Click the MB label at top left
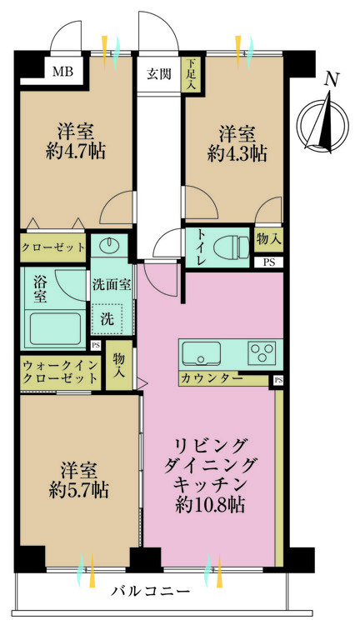pyautogui.click(x=62, y=72)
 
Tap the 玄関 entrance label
pyautogui.click(x=159, y=73)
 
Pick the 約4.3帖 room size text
pyautogui.click(x=237, y=153)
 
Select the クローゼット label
pyautogui.click(x=53, y=247)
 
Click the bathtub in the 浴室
pyautogui.click(x=54, y=327)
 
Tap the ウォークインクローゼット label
pyautogui.click(x=60, y=372)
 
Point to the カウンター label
pyautogui.click(x=212, y=378)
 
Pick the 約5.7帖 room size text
pyautogui.click(x=77, y=489)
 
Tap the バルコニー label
pyautogui.click(x=151, y=592)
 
